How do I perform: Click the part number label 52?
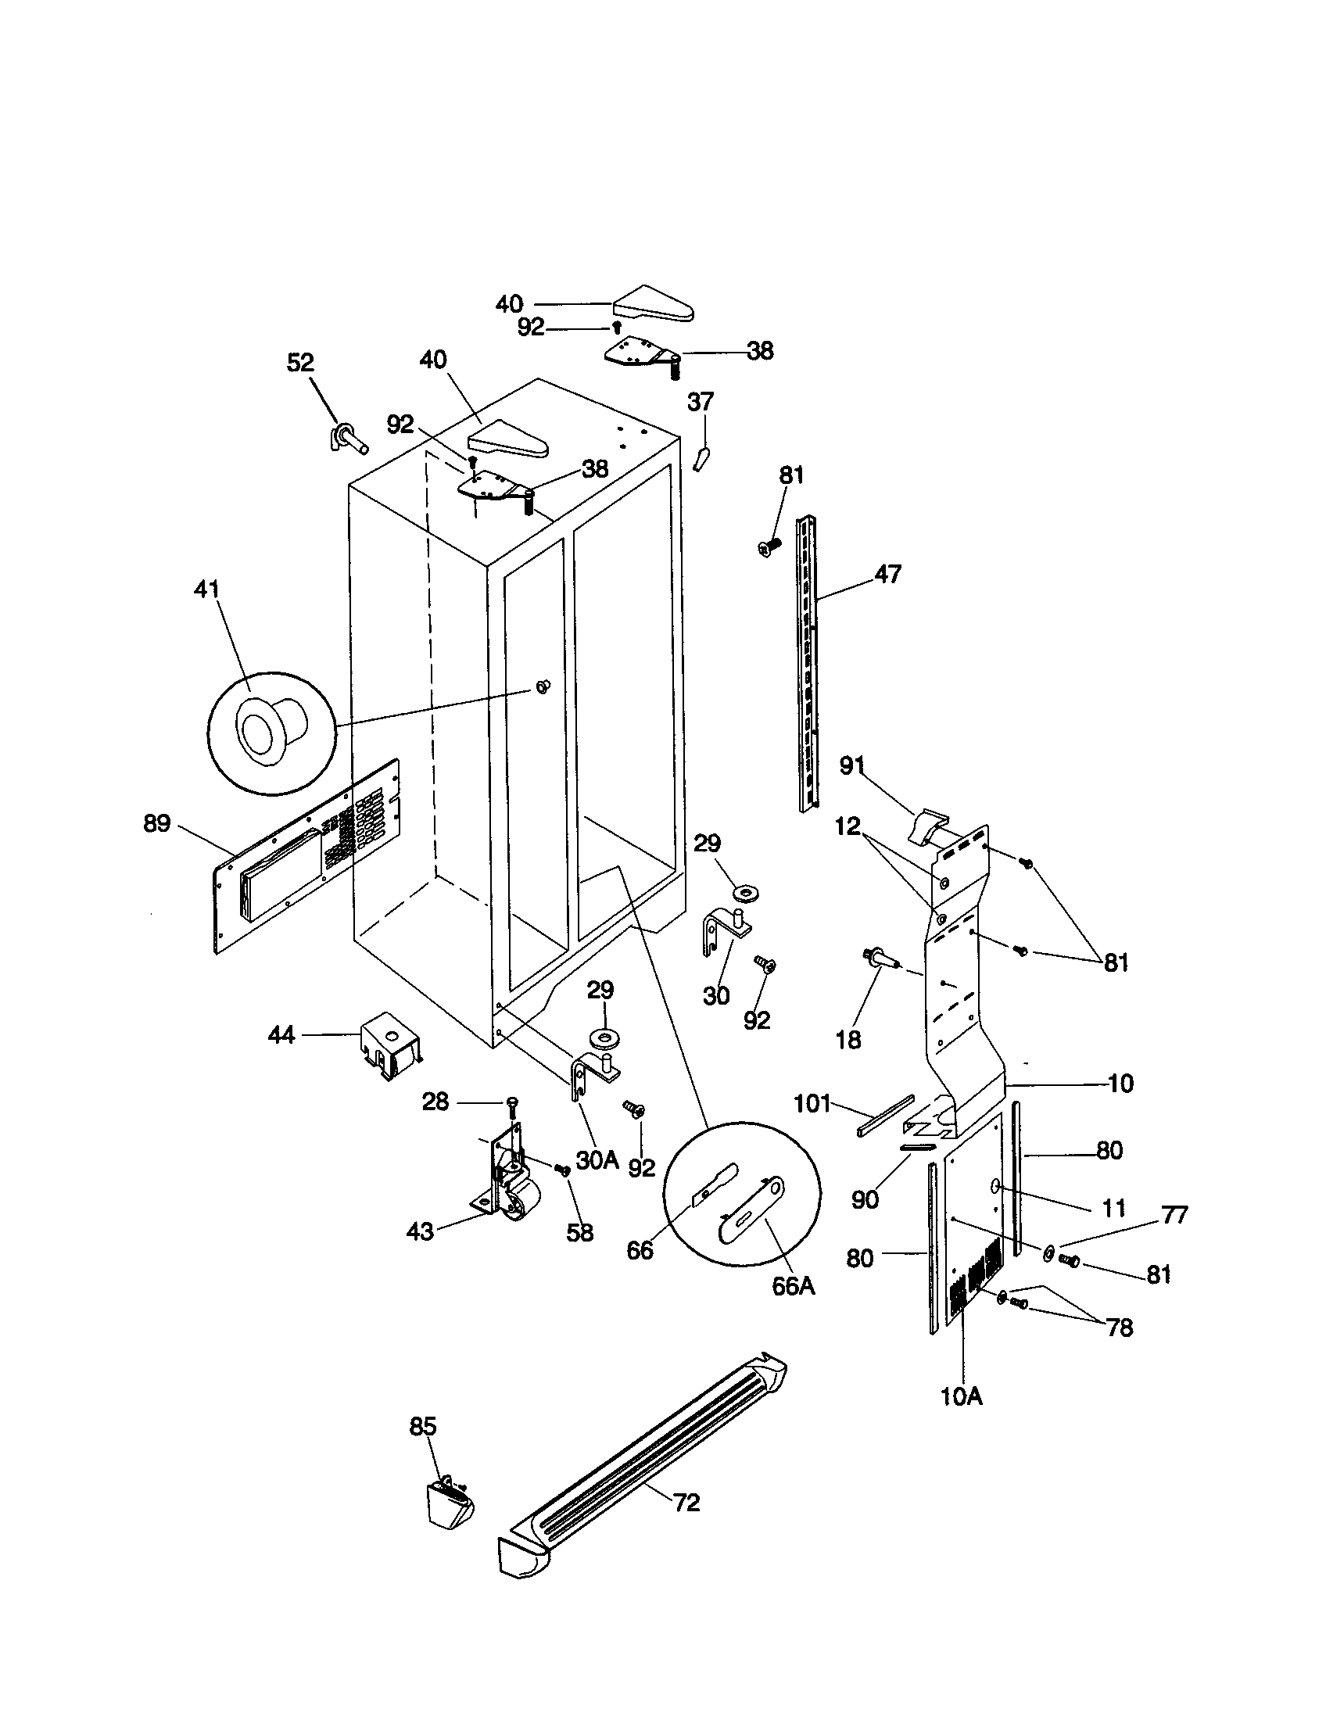300,363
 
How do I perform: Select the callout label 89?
156,824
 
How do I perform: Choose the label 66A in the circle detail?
793,1286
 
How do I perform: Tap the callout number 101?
812,1103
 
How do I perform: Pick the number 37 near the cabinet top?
700,402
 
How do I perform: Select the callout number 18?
848,1040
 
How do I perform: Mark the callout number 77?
1174,1215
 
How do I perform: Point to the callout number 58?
579,1232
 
